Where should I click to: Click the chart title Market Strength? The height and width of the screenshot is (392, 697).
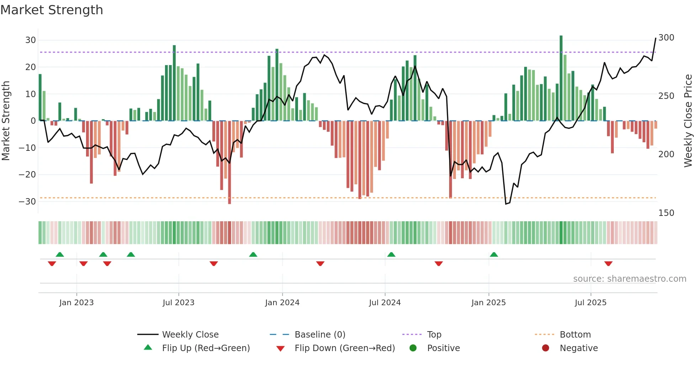tap(52, 10)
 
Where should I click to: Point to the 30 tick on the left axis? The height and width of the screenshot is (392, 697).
tap(31, 40)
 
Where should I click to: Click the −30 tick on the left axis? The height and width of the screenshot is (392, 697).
tap(28, 202)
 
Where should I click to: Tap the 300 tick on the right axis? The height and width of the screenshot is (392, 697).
tap(666, 38)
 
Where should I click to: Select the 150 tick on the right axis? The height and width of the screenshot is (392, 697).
tap(666, 213)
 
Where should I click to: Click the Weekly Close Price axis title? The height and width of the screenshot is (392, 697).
tap(688, 121)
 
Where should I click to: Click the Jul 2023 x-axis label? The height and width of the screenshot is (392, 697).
tap(179, 303)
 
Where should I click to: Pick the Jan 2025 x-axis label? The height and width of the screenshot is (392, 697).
tap(488, 303)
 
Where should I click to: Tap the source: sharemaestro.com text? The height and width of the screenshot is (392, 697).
tap(629, 279)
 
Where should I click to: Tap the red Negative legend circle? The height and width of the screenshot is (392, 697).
tap(546, 348)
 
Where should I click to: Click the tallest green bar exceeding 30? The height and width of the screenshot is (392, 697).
tap(561, 78)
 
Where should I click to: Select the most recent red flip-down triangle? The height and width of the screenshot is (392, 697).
tap(608, 264)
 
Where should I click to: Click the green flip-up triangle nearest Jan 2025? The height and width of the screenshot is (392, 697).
tap(494, 254)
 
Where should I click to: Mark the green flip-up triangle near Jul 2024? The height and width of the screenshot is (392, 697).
tap(391, 254)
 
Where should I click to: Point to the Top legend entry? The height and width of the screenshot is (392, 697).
tap(434, 335)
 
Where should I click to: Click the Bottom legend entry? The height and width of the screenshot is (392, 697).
tap(575, 335)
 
